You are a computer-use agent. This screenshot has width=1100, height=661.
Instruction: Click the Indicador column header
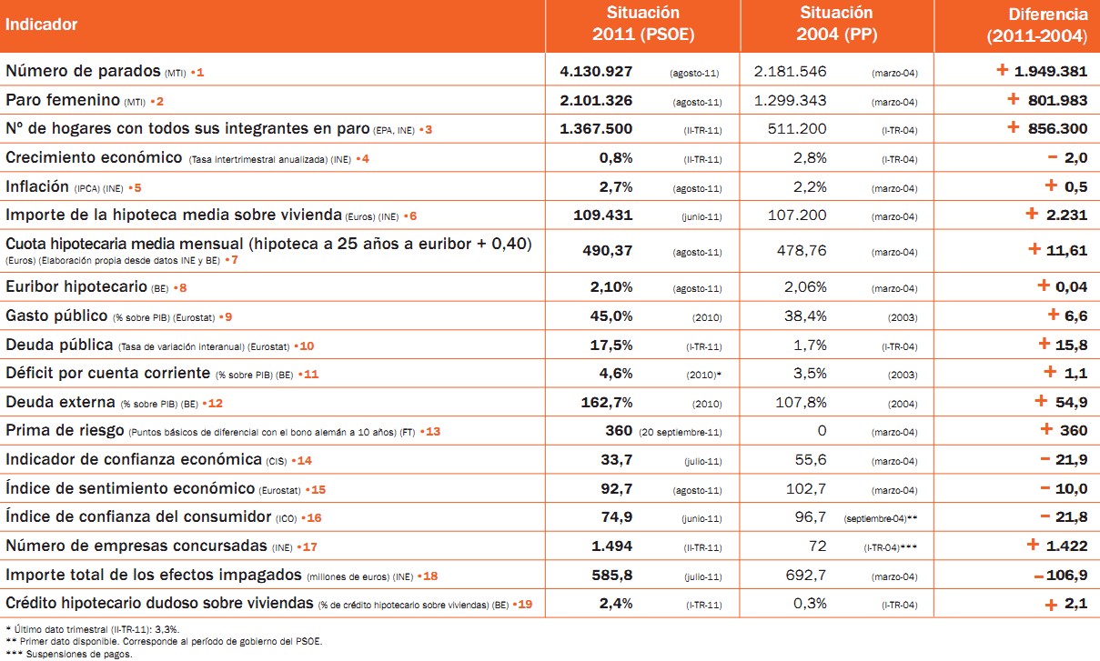tap(42, 25)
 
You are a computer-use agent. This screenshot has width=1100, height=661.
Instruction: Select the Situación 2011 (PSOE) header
tap(642, 25)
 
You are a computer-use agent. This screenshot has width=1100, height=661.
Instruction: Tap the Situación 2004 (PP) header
tap(836, 25)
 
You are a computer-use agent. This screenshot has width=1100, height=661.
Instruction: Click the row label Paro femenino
tap(63, 100)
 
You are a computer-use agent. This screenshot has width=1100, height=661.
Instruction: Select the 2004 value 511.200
tap(795, 129)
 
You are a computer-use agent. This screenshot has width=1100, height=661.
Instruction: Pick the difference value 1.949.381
tap(1051, 71)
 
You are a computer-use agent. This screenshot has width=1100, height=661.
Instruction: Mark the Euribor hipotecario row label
tap(76, 287)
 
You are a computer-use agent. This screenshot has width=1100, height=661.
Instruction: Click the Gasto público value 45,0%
tap(611, 316)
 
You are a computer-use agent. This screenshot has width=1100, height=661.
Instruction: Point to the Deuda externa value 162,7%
tap(611, 402)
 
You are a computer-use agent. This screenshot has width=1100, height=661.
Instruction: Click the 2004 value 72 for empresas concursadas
tap(817, 546)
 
